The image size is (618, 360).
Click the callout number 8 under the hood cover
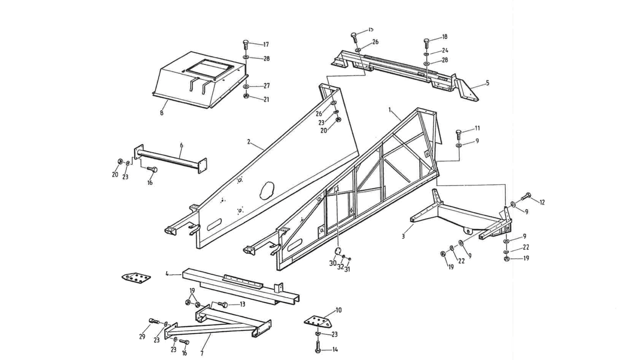tap(161, 113)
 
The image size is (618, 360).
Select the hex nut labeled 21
tap(246, 96)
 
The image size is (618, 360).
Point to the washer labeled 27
tap(246, 86)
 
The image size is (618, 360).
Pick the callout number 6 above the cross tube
tap(182, 145)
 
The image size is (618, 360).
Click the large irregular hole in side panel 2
tap(266, 190)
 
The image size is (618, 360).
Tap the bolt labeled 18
tap(426, 42)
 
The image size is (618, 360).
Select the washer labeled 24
tap(427, 54)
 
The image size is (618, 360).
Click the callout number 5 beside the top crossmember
tap(487, 83)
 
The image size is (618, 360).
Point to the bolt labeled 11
tap(458, 133)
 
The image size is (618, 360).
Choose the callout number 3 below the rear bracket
tap(403, 236)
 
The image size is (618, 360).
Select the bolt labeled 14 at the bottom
tap(318, 349)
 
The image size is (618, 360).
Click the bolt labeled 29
tap(154, 321)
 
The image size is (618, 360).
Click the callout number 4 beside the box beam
tap(167, 273)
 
